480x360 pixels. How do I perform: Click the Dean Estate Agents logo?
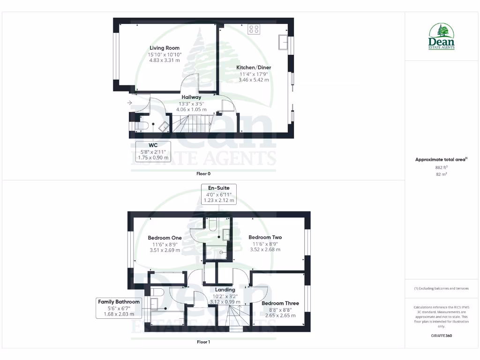(442, 37)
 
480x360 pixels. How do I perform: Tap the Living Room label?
(165, 48)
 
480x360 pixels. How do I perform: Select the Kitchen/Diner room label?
(254, 67)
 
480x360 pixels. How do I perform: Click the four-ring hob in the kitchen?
(255, 30)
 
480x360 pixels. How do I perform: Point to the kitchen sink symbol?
(283, 42)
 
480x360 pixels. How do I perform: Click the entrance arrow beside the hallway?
(129, 103)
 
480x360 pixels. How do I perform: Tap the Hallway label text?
(191, 97)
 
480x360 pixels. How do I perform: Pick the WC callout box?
(153, 151)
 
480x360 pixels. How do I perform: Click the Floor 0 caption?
(203, 173)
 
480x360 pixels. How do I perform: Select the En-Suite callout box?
(219, 194)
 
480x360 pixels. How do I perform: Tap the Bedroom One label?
(165, 237)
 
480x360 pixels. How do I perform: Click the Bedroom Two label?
(265, 237)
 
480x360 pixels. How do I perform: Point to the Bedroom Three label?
(280, 303)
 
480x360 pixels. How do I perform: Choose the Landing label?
(225, 290)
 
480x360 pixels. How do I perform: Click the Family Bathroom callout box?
(119, 308)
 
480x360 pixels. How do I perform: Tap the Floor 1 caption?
(203, 342)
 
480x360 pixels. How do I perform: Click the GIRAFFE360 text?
(442, 336)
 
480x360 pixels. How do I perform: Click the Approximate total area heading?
(441, 160)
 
